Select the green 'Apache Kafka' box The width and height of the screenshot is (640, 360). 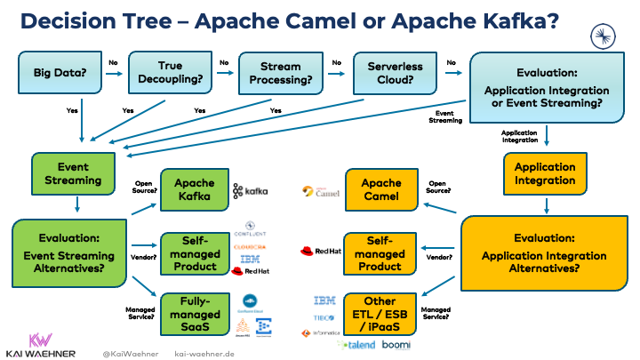click(x=193, y=189)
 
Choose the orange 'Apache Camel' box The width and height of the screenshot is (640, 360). click(x=380, y=189)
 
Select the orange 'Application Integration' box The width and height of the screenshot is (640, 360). click(x=545, y=173)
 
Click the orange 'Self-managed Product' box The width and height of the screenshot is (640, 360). click(x=380, y=253)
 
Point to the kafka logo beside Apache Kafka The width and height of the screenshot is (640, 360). click(x=250, y=191)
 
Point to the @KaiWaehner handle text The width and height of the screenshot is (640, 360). click(x=128, y=352)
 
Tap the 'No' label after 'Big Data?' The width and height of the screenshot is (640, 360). click(x=113, y=63)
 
